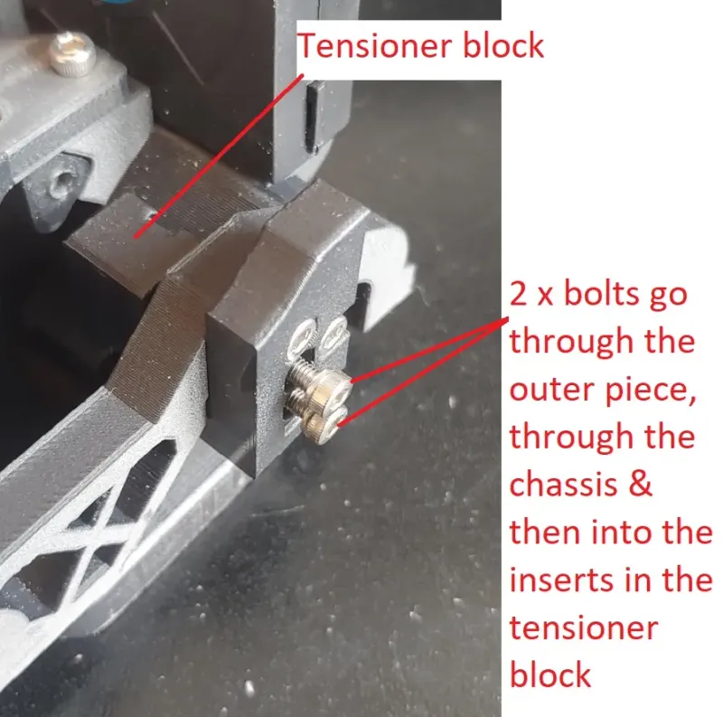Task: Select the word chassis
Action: (x=563, y=485)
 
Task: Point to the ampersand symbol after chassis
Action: (x=640, y=485)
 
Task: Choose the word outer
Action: (x=552, y=390)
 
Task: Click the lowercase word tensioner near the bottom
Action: (x=583, y=628)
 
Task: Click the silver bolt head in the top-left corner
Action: (x=72, y=53)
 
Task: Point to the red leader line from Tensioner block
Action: (x=219, y=156)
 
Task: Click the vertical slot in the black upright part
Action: (x=313, y=118)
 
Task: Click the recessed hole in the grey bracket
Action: (x=61, y=182)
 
